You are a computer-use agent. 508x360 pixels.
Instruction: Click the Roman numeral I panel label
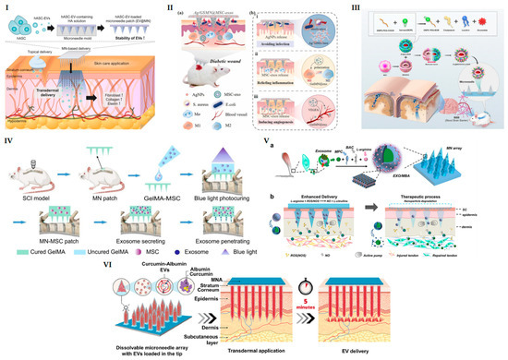coord(6,7)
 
